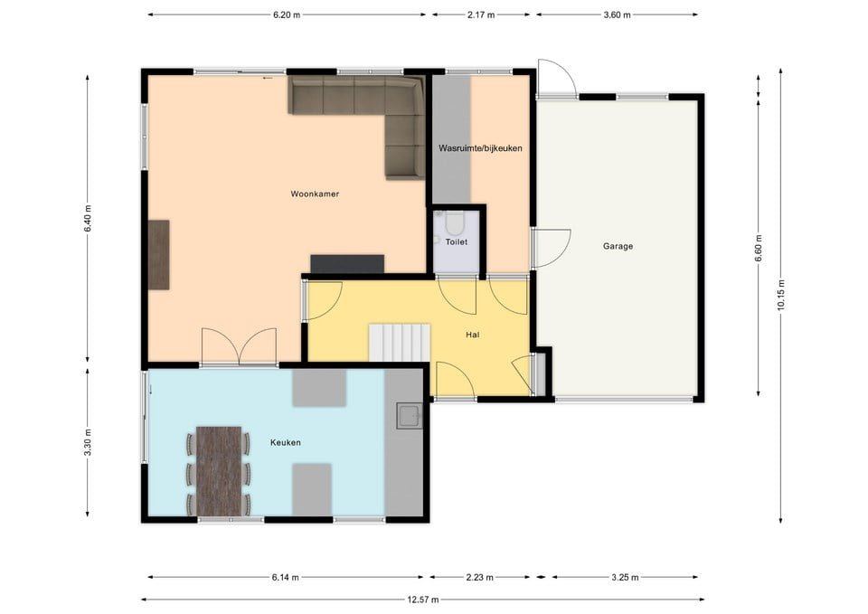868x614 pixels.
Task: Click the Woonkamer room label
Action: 315,194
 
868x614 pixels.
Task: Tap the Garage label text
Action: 618,246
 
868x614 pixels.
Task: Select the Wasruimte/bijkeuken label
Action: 480,148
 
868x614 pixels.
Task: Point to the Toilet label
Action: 456,242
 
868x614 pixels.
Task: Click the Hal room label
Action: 472,335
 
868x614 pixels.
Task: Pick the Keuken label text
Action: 286,442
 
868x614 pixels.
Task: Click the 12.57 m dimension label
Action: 423,600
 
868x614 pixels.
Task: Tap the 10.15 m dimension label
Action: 781,295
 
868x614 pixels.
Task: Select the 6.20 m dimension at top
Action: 287,15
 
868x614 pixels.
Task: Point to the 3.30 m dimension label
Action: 88,442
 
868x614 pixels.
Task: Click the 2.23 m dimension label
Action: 479,578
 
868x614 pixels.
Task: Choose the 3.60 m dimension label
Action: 617,15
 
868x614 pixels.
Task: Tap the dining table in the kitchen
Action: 219,471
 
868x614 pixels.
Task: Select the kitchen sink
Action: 409,416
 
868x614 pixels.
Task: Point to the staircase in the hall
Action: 399,343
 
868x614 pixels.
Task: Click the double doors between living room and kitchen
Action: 239,346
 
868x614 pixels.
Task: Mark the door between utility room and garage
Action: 552,249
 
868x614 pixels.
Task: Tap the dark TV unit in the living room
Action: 347,264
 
